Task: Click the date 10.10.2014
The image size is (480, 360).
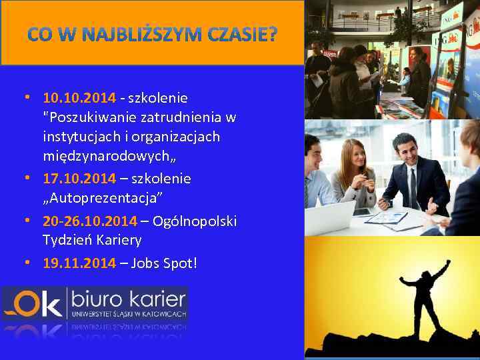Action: click(79, 98)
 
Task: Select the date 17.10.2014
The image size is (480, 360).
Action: click(79, 179)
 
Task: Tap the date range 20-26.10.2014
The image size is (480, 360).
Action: click(90, 221)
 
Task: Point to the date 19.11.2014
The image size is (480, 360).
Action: click(79, 263)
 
